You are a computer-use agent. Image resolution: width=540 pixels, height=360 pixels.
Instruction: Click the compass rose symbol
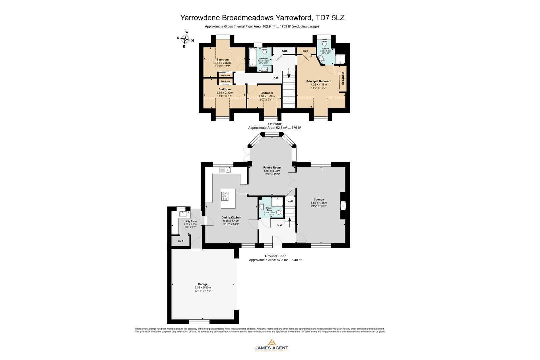(185, 39)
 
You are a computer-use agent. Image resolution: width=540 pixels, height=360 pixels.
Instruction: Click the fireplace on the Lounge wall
(343, 206)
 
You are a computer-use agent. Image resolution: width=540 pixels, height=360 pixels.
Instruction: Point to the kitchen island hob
(225, 196)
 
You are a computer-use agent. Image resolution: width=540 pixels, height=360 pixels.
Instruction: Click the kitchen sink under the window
(226, 170)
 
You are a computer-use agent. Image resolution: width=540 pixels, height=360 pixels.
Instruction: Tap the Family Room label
(272, 168)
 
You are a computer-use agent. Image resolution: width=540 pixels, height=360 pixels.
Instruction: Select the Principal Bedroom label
(318, 81)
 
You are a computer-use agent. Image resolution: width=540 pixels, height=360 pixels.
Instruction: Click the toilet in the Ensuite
(324, 44)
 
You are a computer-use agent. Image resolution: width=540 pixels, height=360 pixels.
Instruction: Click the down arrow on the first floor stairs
(288, 73)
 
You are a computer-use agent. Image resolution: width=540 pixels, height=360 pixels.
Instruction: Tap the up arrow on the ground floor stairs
(289, 221)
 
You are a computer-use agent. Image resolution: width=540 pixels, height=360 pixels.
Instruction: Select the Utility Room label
(190, 221)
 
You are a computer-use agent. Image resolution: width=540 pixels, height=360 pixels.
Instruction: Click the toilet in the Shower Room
(279, 212)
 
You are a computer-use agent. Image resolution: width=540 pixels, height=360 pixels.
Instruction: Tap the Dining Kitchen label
(231, 218)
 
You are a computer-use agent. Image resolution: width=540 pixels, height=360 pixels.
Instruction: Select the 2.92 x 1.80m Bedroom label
(267, 93)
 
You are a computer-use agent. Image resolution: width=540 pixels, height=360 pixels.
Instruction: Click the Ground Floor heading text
(275, 256)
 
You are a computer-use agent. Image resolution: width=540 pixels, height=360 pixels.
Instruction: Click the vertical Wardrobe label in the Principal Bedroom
(343, 78)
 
